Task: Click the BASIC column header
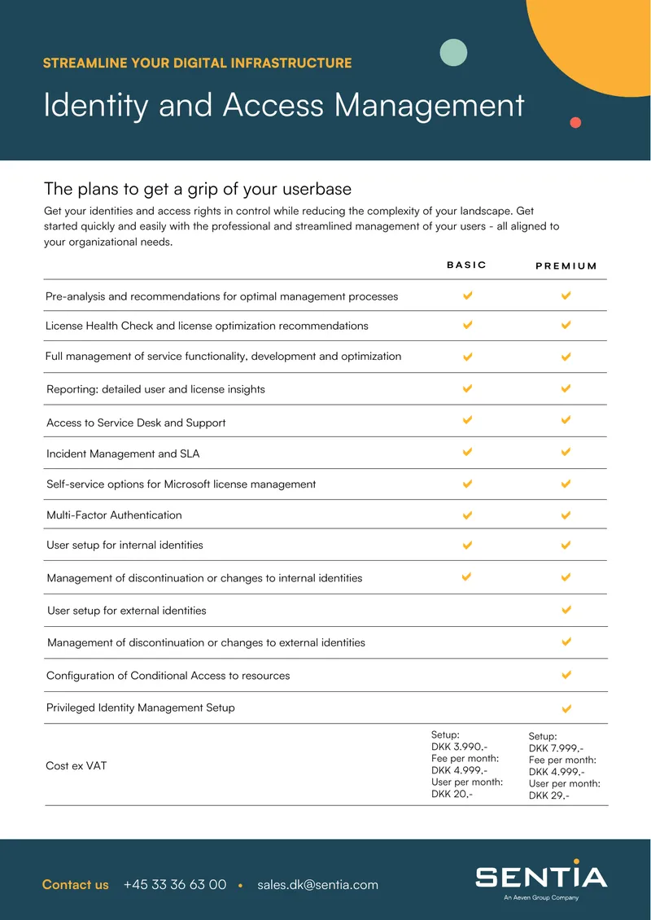coord(466,265)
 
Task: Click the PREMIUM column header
coord(566,265)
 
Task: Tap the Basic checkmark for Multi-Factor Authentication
coord(467,515)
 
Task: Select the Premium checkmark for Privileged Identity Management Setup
coord(566,709)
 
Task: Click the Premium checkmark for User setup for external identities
coord(566,610)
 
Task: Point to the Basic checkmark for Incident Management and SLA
coord(467,452)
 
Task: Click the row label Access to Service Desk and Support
coord(136,423)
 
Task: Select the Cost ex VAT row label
coord(76,765)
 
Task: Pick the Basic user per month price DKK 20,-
coord(452,794)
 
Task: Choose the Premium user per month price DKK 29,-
coord(549,795)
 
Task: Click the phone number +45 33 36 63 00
coord(175,884)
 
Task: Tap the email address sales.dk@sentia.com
coord(317,885)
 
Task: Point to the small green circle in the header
coord(453,52)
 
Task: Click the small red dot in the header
coord(575,122)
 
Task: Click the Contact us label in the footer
coord(75,885)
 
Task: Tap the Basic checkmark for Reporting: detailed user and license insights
coord(467,388)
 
